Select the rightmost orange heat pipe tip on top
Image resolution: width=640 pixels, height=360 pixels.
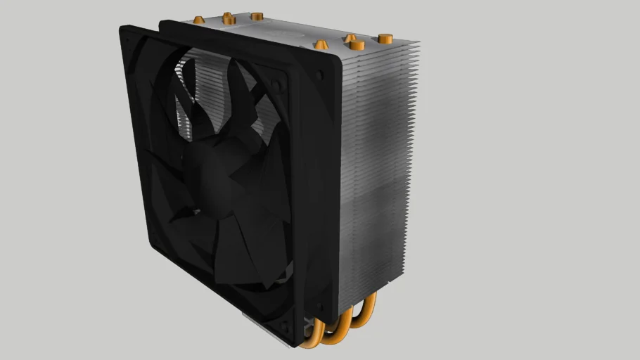[x=384, y=37]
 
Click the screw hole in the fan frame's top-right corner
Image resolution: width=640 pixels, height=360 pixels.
[x=279, y=86]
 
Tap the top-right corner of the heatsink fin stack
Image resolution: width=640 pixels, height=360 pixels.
[x=419, y=42]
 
